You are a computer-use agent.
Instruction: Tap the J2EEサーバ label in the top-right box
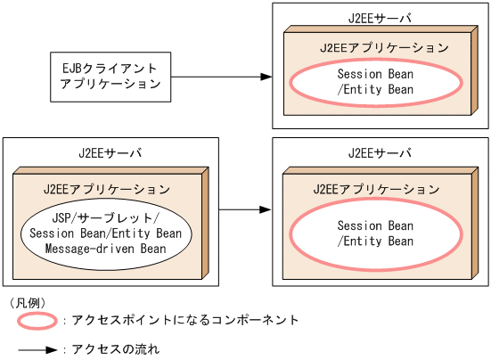(x=380, y=17)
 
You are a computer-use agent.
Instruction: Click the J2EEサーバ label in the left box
(x=110, y=152)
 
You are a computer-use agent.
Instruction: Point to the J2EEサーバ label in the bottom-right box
(x=380, y=152)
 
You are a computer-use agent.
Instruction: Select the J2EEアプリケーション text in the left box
(x=106, y=189)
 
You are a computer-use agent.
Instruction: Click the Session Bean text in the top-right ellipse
(x=375, y=74)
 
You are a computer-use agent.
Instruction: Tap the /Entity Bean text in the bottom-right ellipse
(x=375, y=241)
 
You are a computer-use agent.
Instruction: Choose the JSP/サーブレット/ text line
(x=106, y=217)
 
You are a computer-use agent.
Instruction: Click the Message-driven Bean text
(x=106, y=249)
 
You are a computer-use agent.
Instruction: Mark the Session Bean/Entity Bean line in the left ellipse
(x=106, y=233)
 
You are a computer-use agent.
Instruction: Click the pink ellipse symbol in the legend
(x=37, y=320)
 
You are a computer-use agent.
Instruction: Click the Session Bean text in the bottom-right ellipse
(x=375, y=225)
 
